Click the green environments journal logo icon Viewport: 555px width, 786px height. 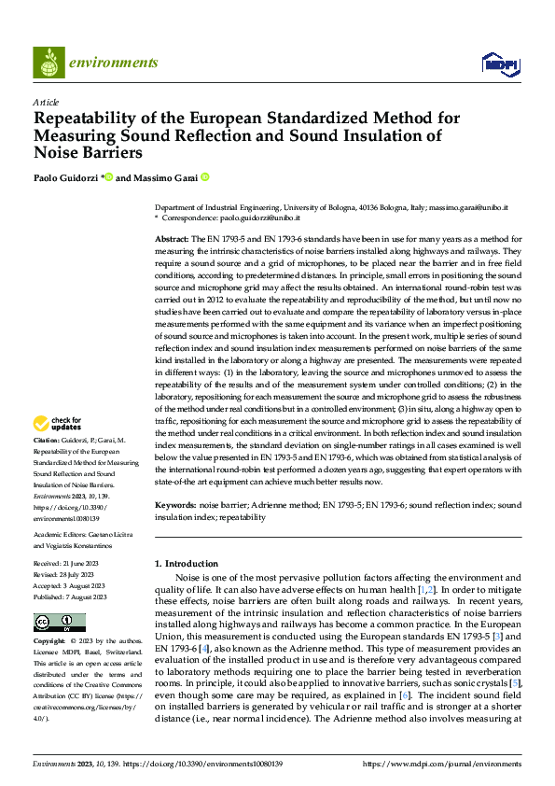pos(49,62)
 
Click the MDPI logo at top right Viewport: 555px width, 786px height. pos(500,63)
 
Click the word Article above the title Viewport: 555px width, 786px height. pos(46,102)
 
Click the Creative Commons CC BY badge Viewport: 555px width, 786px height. pos(59,623)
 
